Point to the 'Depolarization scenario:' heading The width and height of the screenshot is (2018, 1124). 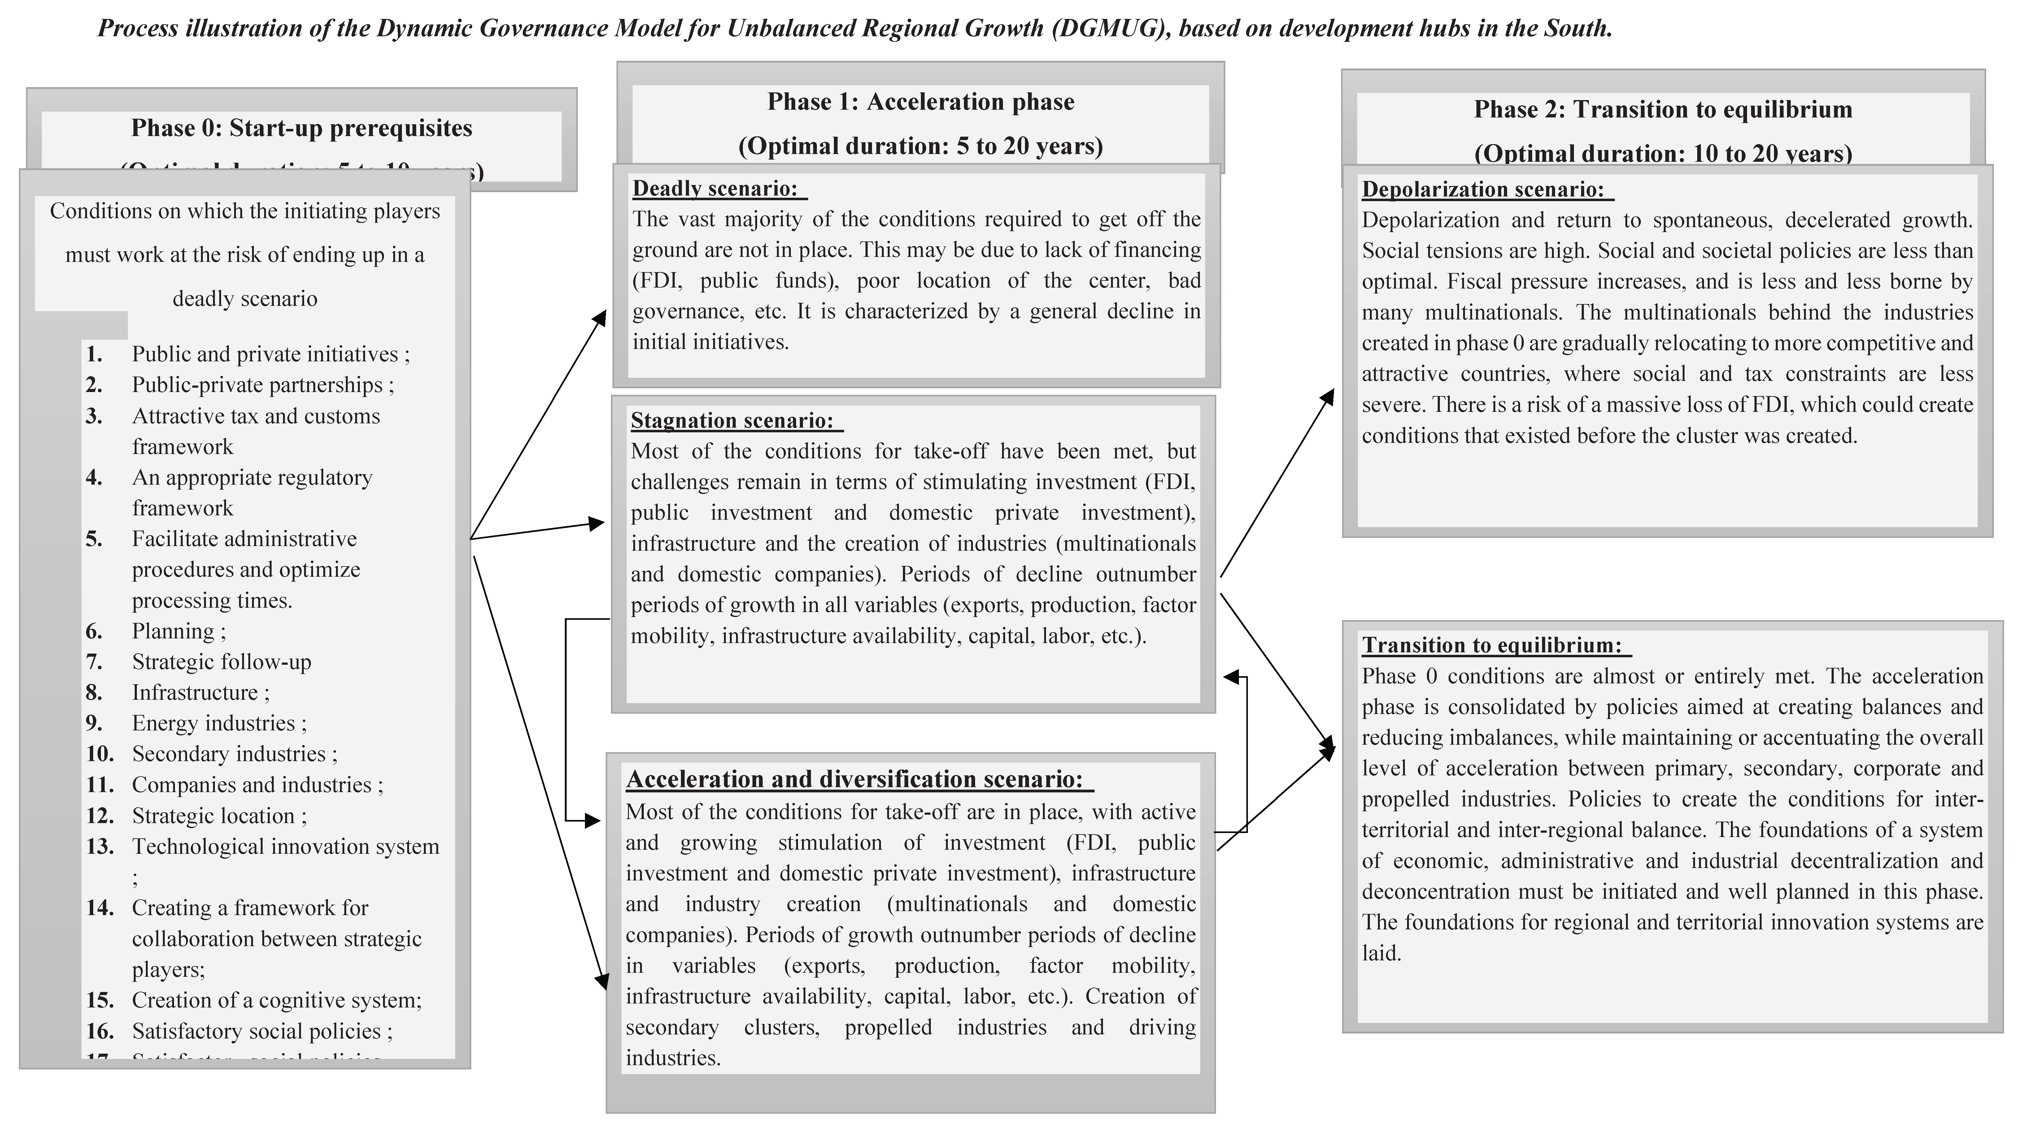(1483, 190)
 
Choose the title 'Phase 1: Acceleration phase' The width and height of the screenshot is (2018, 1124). (921, 102)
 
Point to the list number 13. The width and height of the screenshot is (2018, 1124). (99, 847)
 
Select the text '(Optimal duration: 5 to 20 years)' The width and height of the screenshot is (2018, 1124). (921, 147)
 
